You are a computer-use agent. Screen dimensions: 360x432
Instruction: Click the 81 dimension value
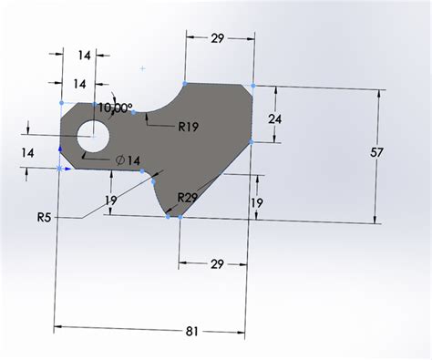(192, 332)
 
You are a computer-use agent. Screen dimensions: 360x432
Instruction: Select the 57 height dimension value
(376, 154)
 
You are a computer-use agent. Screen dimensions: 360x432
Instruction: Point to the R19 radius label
(189, 126)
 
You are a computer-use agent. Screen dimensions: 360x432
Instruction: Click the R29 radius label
(189, 197)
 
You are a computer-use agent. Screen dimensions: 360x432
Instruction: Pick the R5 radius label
(46, 217)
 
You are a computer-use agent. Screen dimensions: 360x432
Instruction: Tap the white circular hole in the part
(93, 137)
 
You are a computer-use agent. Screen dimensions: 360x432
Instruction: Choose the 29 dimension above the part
(219, 38)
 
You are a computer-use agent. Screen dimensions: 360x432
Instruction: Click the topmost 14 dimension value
(84, 56)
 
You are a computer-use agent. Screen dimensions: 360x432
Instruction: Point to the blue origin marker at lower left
(60, 169)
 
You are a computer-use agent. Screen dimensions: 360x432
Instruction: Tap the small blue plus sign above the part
(143, 67)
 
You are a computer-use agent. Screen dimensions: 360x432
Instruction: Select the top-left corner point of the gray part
(61, 103)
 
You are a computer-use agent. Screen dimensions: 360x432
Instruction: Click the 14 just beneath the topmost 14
(80, 84)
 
